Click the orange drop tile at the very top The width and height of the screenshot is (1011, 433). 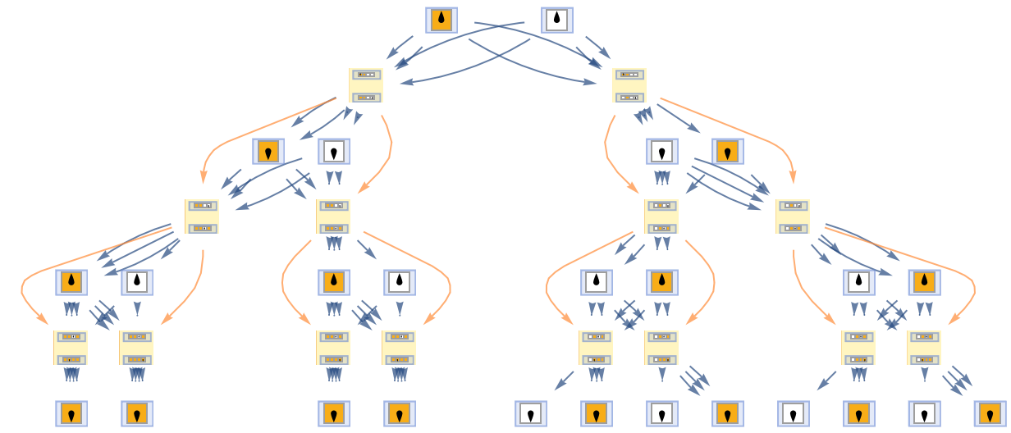coord(441,20)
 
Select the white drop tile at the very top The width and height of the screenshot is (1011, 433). coord(556,20)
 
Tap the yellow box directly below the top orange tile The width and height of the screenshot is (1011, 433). coord(366,85)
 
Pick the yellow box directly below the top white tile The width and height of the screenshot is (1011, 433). coord(629,85)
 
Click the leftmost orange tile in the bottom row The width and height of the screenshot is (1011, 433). coord(71,413)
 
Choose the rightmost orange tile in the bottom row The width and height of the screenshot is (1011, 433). coord(990,413)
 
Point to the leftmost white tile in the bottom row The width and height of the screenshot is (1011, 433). coord(531,413)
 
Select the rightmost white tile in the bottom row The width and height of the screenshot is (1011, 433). coord(924,413)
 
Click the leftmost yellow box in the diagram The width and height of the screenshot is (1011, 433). coord(71,348)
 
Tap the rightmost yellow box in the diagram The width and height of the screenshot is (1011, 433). coord(924,348)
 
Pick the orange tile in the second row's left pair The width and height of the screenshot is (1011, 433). coord(268,151)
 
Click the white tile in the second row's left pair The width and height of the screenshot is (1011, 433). coord(334,151)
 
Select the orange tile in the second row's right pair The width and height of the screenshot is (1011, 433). coord(728,151)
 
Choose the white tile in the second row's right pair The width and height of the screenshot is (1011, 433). coord(662,151)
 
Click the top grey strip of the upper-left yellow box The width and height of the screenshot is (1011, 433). coord(366,75)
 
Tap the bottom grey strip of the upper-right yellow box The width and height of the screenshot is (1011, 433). coord(629,97)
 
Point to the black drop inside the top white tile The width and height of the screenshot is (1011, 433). coord(556,19)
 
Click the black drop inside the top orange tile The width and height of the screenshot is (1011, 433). coord(441,19)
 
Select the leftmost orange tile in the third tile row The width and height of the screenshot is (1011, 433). coord(71,282)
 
